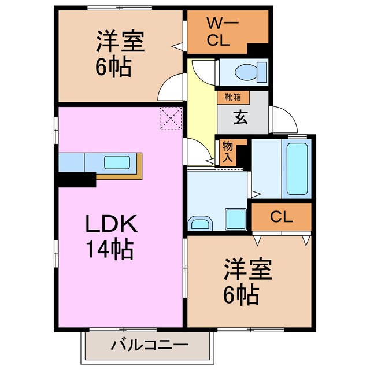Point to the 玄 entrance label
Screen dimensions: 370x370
coord(240,117)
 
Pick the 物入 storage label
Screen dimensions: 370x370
coord(227,152)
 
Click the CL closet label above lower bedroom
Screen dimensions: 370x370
coord(281,217)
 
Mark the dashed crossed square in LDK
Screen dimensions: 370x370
coord(171,120)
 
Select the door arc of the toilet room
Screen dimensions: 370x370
coord(202,72)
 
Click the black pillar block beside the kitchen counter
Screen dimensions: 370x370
coord(76,179)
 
